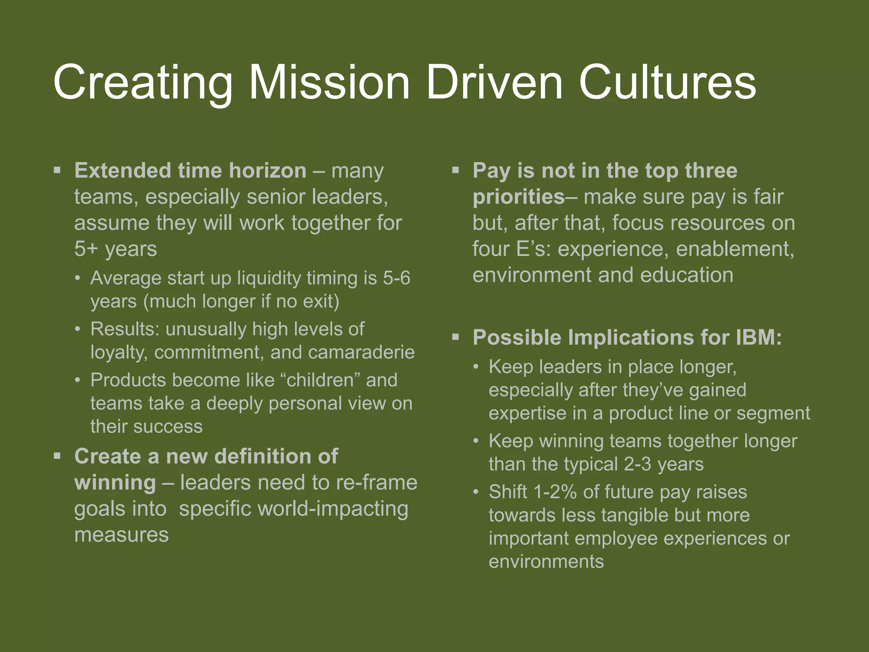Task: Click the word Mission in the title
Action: coord(329,82)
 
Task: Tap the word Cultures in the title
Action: coord(667,82)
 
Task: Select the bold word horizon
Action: coord(267,171)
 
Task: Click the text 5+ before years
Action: coord(86,249)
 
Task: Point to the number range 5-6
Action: coord(397,278)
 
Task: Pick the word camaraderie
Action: coord(342,352)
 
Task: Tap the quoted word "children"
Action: coord(320,380)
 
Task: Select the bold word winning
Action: coord(115,483)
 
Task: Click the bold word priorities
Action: coord(519,197)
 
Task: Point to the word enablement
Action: coord(735,249)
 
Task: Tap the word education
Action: coord(687,275)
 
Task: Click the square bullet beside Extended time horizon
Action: coord(57,171)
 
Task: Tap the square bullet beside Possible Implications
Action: coord(456,337)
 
